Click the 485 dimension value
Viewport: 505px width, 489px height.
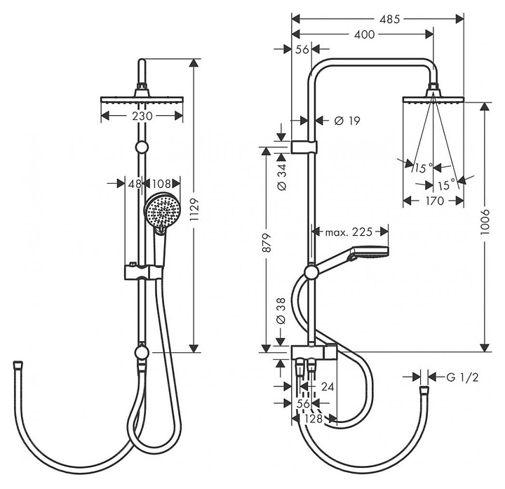pyautogui.click(x=389, y=20)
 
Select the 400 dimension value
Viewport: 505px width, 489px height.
pyautogui.click(x=364, y=34)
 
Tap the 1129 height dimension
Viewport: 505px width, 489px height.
pyautogui.click(x=194, y=210)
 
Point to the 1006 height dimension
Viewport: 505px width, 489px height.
pyautogui.click(x=485, y=221)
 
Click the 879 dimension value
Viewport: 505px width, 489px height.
pyautogui.click(x=267, y=242)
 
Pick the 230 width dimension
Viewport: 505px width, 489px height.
pyautogui.click(x=142, y=116)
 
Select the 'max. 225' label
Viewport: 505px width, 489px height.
pyautogui.click(x=349, y=232)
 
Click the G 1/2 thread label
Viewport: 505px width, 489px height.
pyautogui.click(x=462, y=377)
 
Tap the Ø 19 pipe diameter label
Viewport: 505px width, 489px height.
pyautogui.click(x=347, y=121)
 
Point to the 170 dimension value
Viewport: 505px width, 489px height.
pyautogui.click(x=434, y=201)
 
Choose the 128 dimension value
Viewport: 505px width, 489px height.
pyautogui.click(x=314, y=418)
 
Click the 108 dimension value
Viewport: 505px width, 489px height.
pyautogui.click(x=161, y=184)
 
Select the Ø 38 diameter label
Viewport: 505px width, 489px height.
pyautogui.click(x=281, y=311)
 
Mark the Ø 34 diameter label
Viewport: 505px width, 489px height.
pyautogui.click(x=281, y=177)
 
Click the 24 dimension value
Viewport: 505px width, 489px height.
pyautogui.click(x=328, y=387)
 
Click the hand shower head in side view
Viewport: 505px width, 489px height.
pyautogui.click(x=370, y=252)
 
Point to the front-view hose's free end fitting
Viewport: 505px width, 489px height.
pyautogui.click(x=18, y=365)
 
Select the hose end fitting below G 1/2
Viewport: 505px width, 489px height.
pyautogui.click(x=424, y=390)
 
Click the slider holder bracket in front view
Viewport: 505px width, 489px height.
pyautogui.click(x=144, y=272)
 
